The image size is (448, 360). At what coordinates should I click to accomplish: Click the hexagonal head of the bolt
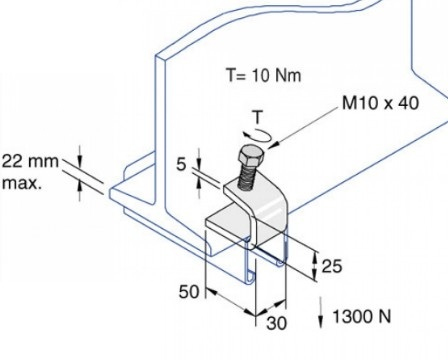251,156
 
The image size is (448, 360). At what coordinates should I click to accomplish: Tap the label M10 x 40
380,103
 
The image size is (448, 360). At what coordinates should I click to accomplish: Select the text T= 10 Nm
263,75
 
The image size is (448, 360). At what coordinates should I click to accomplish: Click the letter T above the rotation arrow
258,117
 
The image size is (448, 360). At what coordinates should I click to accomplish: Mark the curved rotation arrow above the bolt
258,135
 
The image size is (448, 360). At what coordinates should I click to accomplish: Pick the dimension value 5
181,164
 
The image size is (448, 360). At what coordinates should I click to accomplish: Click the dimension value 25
331,266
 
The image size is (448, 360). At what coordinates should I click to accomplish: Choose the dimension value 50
189,292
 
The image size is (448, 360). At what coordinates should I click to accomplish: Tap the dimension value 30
276,323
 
